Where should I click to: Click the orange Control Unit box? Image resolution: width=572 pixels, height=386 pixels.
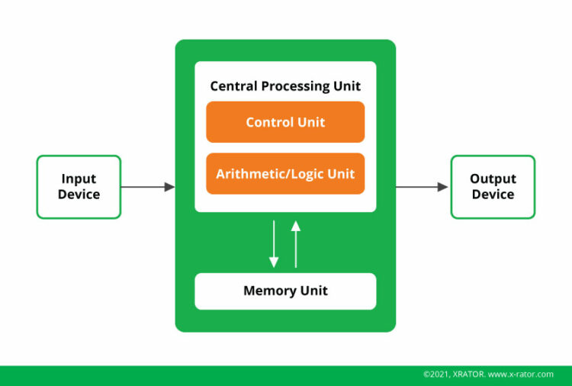285,122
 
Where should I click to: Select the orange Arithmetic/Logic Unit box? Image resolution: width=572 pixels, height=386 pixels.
285,174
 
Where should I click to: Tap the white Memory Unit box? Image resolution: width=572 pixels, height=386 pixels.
285,291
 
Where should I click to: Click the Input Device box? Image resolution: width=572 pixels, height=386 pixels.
79,187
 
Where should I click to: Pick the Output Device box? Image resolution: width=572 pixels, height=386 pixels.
493,187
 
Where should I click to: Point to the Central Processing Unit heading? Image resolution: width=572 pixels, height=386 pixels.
285,86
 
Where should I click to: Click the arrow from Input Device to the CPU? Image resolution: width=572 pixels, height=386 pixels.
148,187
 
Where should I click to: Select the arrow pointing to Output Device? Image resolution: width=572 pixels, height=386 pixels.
422,187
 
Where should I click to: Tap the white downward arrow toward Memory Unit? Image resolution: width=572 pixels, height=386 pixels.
274,244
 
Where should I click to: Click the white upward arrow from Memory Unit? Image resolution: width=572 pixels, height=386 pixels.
296,244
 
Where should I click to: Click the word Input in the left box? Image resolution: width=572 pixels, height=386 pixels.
79,179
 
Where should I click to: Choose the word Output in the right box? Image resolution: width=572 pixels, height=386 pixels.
493,179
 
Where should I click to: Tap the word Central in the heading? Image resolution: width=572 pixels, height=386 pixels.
233,86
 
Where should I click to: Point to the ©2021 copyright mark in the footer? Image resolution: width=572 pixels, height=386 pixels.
438,375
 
